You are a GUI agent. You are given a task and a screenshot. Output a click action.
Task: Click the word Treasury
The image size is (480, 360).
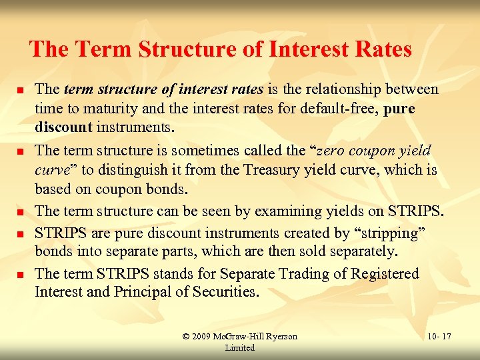tap(255, 170)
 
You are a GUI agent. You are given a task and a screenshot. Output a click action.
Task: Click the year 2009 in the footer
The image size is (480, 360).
tap(202, 337)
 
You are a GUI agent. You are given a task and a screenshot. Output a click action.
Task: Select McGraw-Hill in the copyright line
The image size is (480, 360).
tap(237, 337)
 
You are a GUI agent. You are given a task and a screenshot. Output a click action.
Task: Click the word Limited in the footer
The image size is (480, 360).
tap(240, 347)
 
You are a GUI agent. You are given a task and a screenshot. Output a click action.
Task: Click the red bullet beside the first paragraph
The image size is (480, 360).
tap(21, 90)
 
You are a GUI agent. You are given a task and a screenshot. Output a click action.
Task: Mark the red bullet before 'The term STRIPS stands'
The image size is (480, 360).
tap(21, 275)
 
